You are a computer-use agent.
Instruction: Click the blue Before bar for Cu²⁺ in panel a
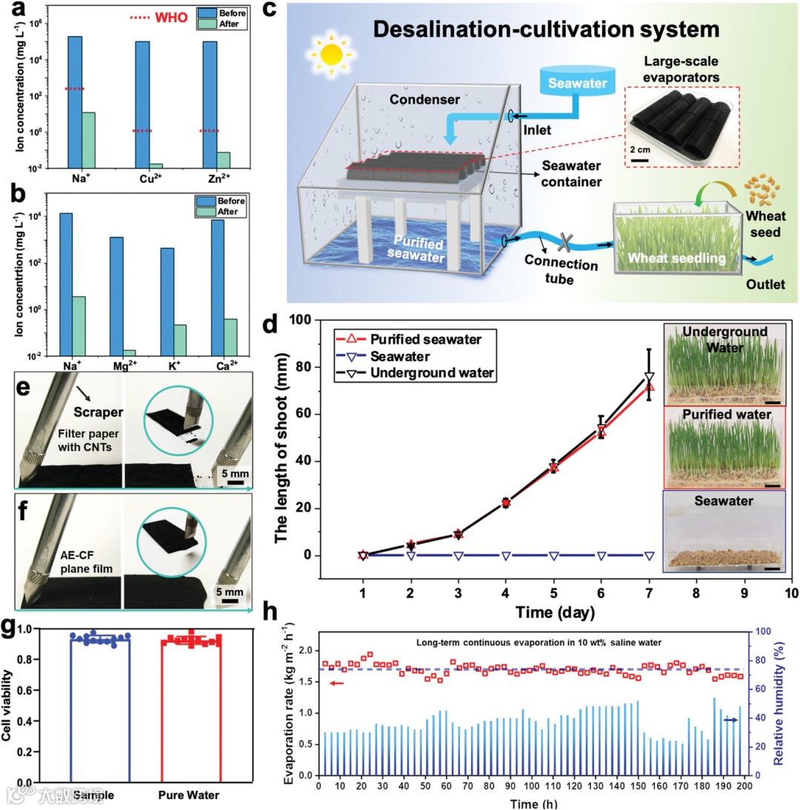[x=141, y=104]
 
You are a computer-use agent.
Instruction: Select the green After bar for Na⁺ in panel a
[x=87, y=141]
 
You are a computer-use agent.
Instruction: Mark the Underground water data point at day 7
[x=649, y=377]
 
